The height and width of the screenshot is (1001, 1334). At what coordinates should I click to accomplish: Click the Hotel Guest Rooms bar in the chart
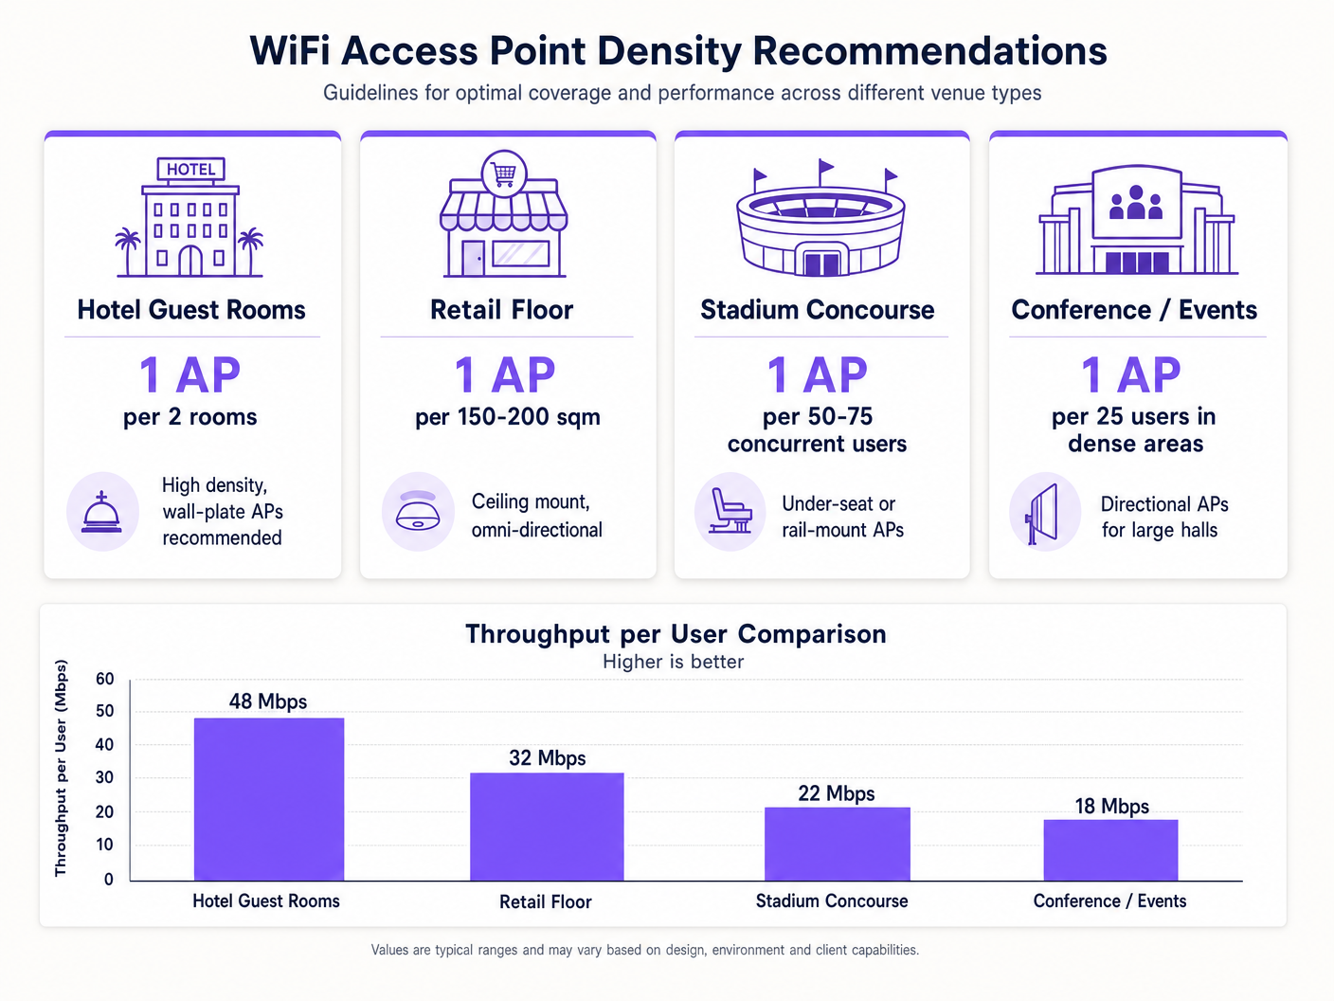click(269, 798)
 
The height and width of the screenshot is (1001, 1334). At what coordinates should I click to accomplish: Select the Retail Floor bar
click(547, 826)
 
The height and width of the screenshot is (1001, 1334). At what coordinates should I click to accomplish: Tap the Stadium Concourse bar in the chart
click(837, 844)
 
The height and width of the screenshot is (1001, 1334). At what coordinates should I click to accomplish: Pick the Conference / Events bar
click(1110, 849)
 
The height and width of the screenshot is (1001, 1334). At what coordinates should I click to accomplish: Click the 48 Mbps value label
click(268, 701)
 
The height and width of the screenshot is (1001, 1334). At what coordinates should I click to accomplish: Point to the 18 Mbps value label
click(1111, 806)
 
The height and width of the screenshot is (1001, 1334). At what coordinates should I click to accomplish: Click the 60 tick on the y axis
click(104, 679)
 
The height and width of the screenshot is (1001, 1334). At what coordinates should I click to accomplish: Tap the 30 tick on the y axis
click(104, 777)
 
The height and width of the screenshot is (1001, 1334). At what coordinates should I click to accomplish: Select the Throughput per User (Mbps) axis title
click(61, 768)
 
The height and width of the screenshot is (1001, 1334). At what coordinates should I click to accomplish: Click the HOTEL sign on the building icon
click(190, 169)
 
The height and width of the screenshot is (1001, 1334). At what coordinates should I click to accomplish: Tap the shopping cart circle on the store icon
click(504, 173)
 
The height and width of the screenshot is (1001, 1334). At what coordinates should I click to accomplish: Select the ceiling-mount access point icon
click(418, 511)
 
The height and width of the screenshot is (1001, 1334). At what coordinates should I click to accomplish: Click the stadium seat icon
click(730, 511)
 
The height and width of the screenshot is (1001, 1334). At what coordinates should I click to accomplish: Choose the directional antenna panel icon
click(1043, 514)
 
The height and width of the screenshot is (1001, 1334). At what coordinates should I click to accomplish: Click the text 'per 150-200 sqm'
click(508, 417)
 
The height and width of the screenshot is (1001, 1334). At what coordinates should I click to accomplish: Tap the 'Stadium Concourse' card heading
click(818, 310)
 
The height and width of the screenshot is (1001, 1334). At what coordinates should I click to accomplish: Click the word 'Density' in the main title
click(669, 51)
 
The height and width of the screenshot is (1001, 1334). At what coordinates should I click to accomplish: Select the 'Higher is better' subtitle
click(673, 662)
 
